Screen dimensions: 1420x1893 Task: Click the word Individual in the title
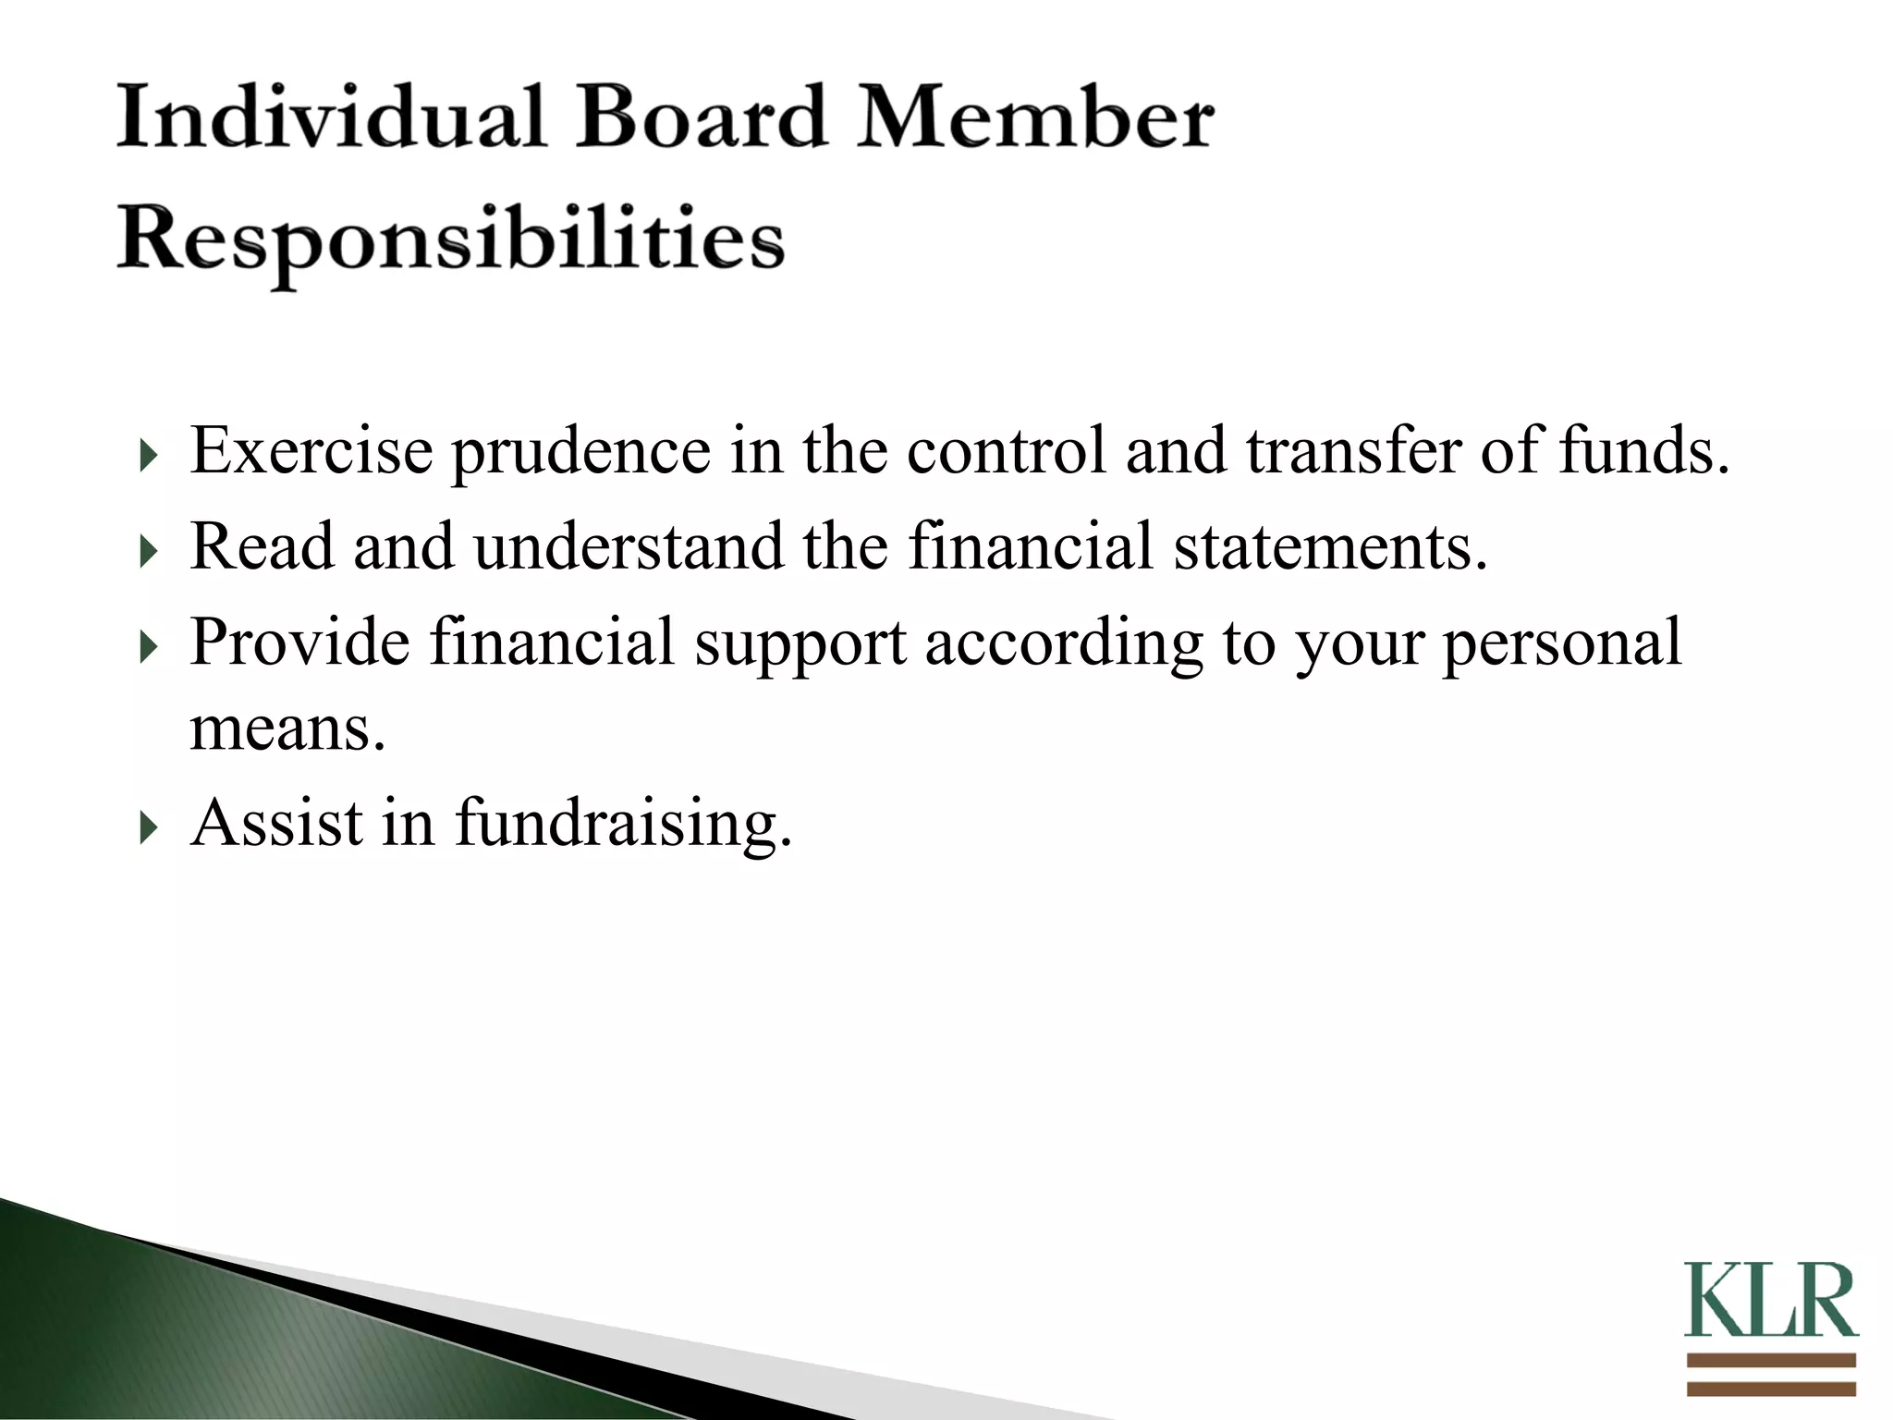pos(331,117)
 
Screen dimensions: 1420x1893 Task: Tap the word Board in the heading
pos(701,117)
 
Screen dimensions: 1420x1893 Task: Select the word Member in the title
pos(1035,117)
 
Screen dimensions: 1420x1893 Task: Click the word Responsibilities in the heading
pos(451,240)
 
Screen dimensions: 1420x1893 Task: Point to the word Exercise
pos(311,450)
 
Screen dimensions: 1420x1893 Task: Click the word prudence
pos(580,450)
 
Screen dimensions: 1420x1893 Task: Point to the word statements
pos(1330,547)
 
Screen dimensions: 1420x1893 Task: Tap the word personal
pos(1561,642)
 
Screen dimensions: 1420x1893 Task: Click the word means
pos(287,728)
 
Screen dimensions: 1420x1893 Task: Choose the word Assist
pos(276,822)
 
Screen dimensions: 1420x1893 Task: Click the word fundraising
pos(624,824)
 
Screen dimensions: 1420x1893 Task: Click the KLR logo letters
pos(1770,1301)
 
